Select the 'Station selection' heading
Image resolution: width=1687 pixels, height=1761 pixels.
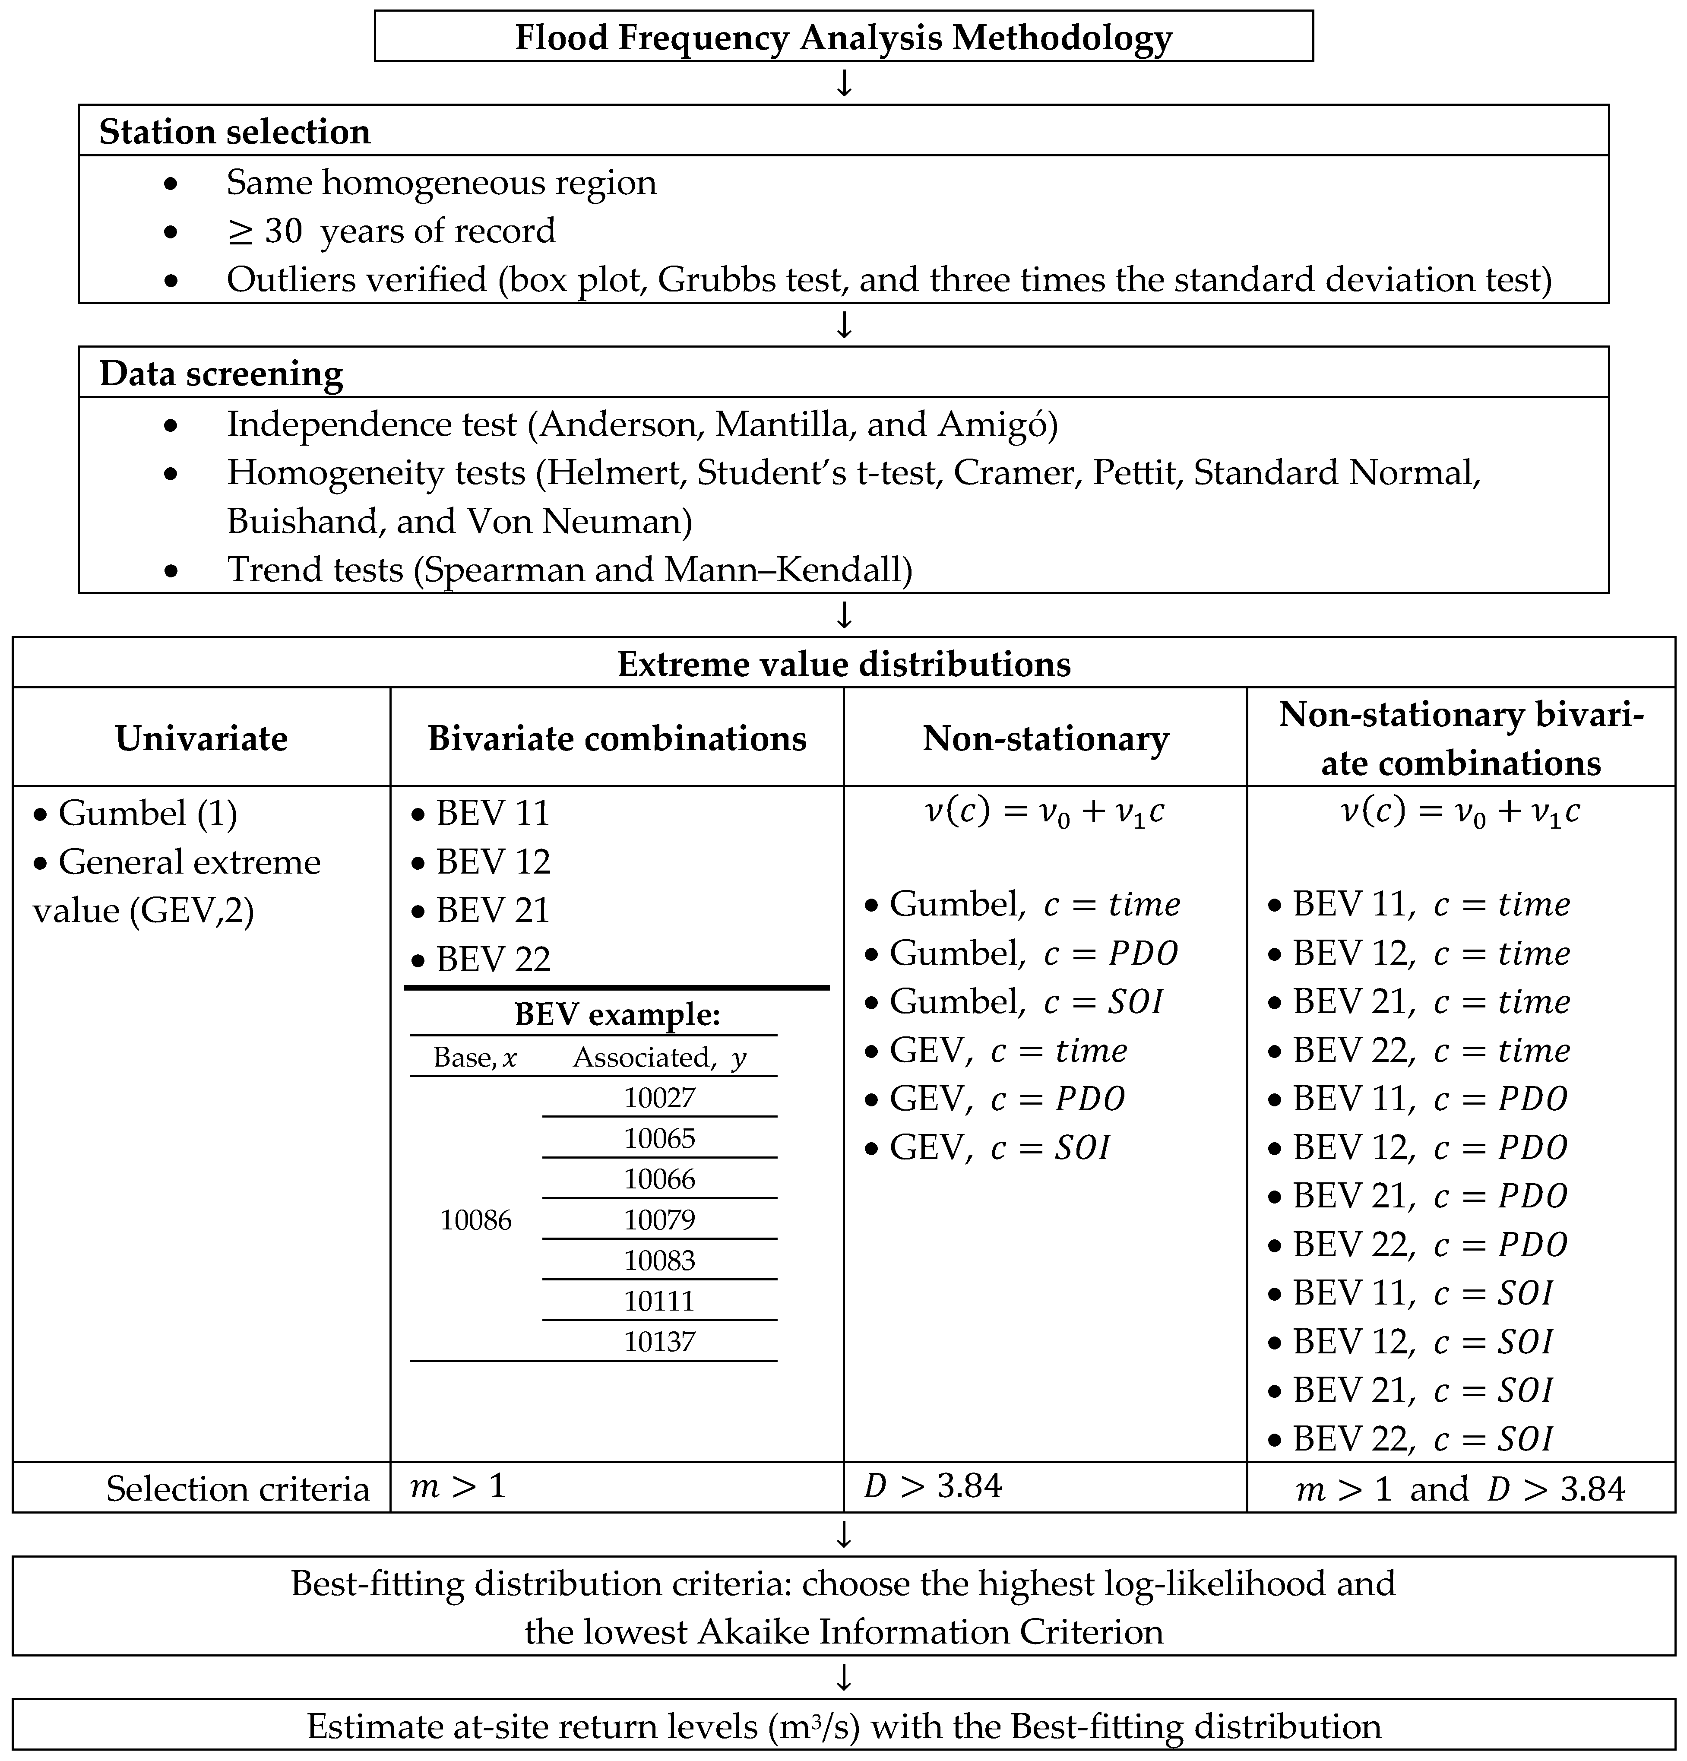234,132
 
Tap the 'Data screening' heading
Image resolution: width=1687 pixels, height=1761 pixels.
221,374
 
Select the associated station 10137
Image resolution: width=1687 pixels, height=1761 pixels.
659,1341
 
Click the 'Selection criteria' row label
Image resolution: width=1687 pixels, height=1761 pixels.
237,1489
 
